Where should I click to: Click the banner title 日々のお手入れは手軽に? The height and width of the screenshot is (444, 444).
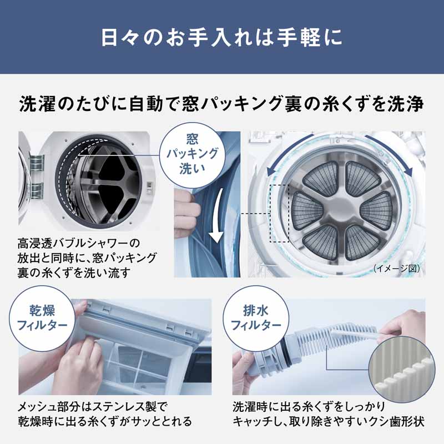(222, 38)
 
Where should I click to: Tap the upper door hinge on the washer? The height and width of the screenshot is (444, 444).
(37, 163)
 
